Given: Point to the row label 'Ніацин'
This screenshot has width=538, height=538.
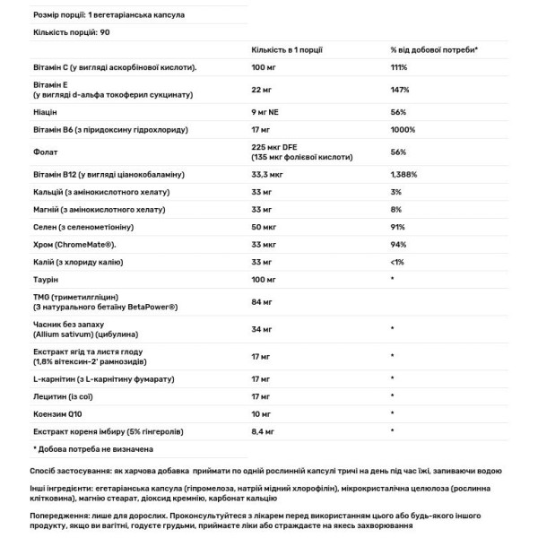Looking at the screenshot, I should point(43,112).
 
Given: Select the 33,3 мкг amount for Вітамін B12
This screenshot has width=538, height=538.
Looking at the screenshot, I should point(270,176).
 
